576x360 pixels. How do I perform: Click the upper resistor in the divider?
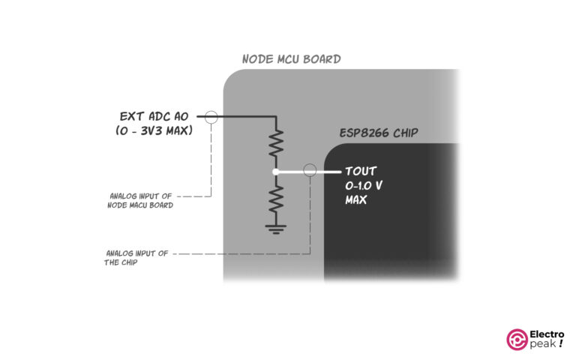click(276, 142)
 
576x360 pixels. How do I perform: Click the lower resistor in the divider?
click(276, 199)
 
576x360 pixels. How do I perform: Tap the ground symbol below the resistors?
click(276, 228)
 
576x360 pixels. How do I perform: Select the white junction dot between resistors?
click(276, 172)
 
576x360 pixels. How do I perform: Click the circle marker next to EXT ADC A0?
click(211, 116)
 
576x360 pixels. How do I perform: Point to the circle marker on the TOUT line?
click(308, 171)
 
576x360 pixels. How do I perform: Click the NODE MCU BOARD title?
click(291, 59)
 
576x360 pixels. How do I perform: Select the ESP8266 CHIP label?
click(379, 133)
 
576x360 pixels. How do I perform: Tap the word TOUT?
click(361, 171)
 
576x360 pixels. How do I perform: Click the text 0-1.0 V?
click(367, 185)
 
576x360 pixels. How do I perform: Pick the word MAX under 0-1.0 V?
click(355, 200)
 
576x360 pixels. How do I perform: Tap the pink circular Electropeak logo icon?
click(517, 340)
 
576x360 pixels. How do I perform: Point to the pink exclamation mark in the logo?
click(561, 346)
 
